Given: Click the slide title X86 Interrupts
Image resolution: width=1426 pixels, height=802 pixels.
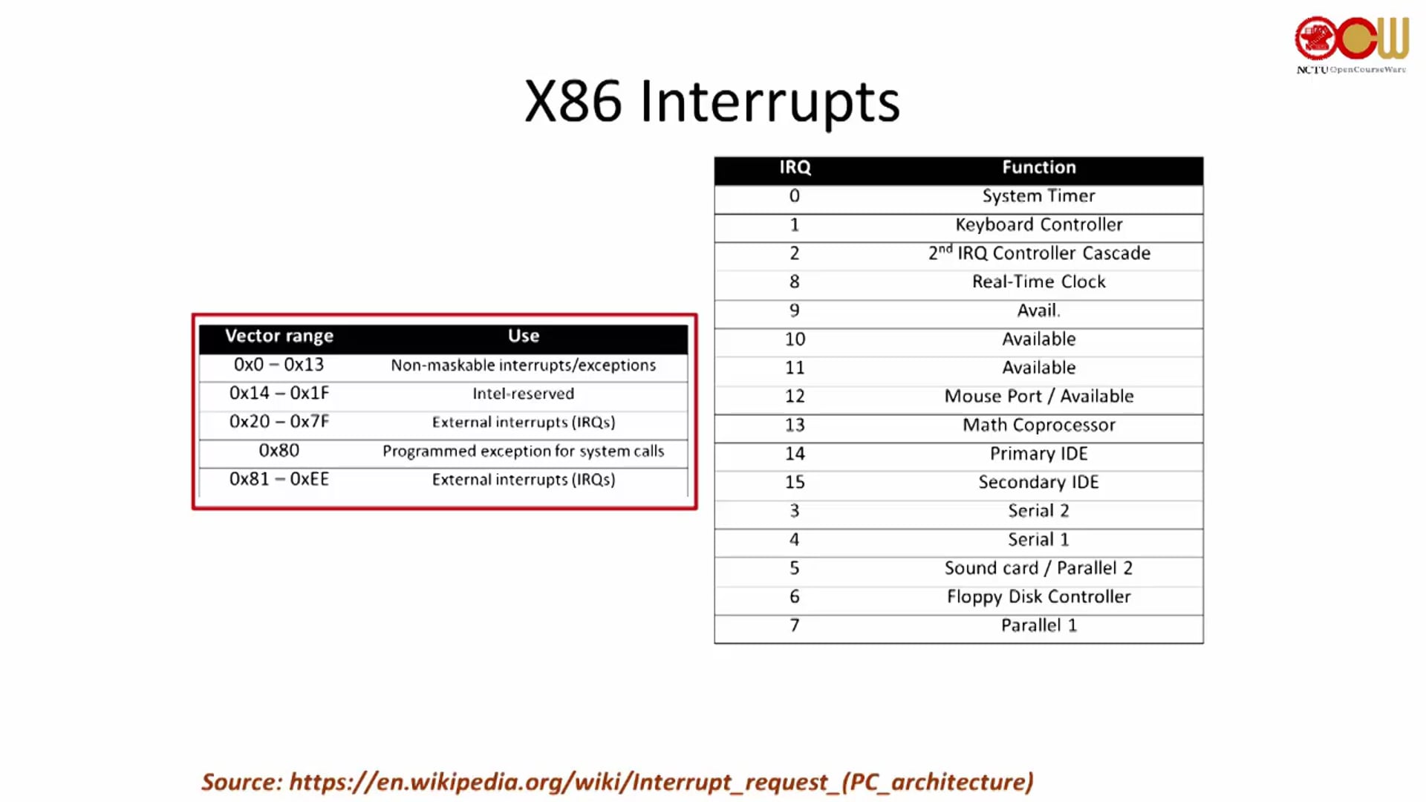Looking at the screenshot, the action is click(712, 102).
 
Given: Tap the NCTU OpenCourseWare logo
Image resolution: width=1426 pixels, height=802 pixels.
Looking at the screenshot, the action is click(1352, 45).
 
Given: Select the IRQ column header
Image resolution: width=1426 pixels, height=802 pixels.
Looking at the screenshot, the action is click(795, 168).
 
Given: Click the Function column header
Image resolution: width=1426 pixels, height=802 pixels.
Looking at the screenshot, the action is click(1039, 168).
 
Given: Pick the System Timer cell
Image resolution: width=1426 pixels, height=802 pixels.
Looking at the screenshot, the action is click(1039, 196).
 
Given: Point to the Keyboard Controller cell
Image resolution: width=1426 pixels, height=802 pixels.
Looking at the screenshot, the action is click(1039, 225).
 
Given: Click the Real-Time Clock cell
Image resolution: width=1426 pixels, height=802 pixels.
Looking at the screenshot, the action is click(1039, 282).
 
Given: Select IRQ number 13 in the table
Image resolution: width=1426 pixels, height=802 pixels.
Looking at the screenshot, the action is click(795, 426).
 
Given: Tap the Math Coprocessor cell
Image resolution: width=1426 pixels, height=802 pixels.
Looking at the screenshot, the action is click(1039, 426).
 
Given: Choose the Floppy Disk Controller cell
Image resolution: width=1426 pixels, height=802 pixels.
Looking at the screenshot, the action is click(1039, 597).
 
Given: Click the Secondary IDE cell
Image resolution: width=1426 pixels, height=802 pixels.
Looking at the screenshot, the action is click(1039, 483).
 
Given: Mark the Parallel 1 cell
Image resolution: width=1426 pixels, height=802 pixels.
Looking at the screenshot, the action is click(1039, 626).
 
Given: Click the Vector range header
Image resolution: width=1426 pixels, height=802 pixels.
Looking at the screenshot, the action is click(279, 336).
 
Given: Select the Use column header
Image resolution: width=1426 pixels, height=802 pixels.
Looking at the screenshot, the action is click(524, 336).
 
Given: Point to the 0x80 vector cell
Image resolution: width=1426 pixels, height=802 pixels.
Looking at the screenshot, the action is click(279, 451).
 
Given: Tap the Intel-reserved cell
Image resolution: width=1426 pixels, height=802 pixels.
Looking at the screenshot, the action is click(524, 394).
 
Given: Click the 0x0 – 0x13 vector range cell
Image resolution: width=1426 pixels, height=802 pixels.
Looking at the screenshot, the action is click(279, 365).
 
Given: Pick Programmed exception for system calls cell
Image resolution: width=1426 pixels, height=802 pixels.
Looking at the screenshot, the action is click(524, 451).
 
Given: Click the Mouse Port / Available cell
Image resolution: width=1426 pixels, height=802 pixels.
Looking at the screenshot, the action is click(1039, 397).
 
